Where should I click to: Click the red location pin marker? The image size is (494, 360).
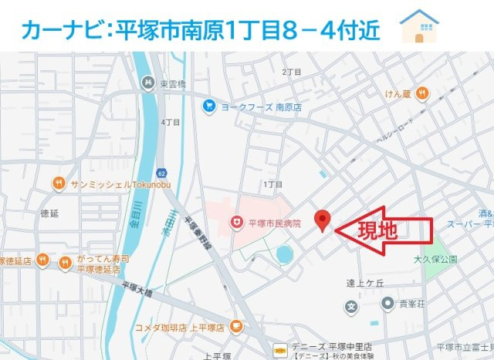tap(323, 220)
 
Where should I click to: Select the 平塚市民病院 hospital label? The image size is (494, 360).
tap(274, 223)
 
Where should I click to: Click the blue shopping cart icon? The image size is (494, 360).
tap(208, 107)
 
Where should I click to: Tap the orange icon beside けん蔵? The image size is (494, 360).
tap(421, 93)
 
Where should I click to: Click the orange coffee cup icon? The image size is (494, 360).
tap(236, 327)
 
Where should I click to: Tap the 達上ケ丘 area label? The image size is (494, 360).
tap(365, 283)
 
